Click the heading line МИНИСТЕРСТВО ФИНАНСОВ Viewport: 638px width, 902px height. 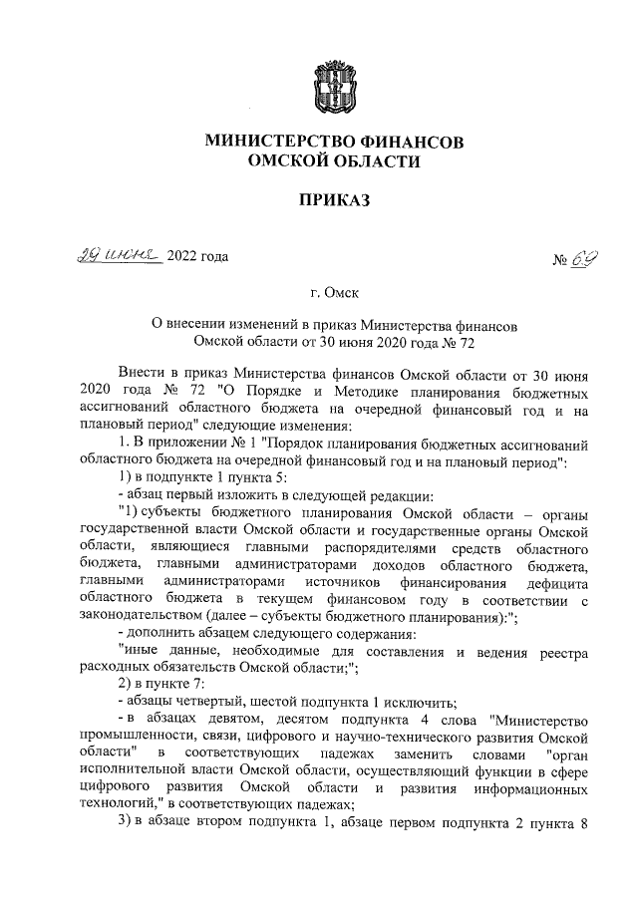click(333, 143)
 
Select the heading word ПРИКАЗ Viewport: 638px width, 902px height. click(334, 201)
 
